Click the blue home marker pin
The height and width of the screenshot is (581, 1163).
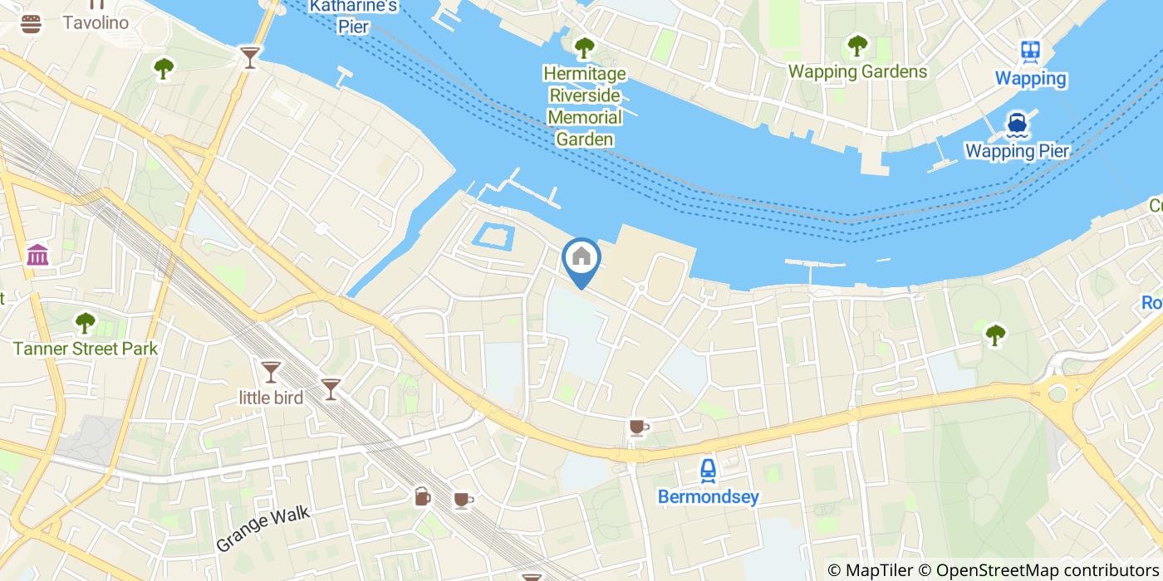[581, 259]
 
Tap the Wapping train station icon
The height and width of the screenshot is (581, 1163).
[1030, 51]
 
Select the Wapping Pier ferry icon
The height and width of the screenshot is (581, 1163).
[1017, 125]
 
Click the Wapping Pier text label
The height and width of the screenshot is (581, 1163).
[1017, 151]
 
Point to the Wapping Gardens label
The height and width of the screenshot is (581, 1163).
[857, 71]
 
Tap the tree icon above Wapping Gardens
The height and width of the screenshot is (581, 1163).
[857, 46]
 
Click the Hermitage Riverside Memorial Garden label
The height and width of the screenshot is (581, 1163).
[585, 106]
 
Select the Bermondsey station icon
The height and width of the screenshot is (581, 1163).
[708, 471]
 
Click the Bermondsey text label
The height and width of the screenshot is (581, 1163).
[708, 496]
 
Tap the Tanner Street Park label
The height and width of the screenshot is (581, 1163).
[85, 349]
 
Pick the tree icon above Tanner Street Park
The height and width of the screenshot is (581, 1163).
[85, 322]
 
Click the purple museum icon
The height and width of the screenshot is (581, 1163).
[37, 255]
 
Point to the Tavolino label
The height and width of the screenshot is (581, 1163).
[96, 22]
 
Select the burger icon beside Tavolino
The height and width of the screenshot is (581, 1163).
[32, 23]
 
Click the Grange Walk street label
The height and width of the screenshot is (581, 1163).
[263, 528]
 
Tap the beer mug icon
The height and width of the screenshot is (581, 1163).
[422, 496]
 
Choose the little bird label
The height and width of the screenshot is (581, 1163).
[271, 398]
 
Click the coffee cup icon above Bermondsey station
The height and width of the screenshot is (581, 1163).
[637, 427]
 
